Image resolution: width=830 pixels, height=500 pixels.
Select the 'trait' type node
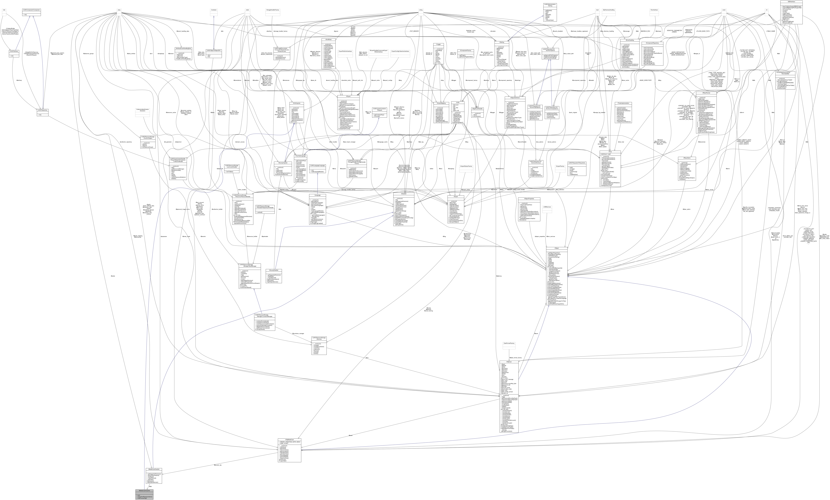pyautogui.click(x=4, y=10)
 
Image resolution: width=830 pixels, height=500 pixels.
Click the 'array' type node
pyautogui.click(x=119, y=10)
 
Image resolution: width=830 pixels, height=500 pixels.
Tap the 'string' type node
pyautogui.click(x=421, y=10)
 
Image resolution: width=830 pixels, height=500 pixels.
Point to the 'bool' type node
pyautogui.click(x=597, y=10)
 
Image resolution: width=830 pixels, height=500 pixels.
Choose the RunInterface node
pyautogui.click(x=654, y=10)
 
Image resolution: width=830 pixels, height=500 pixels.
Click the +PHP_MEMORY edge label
pyautogui.click(x=414, y=31)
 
